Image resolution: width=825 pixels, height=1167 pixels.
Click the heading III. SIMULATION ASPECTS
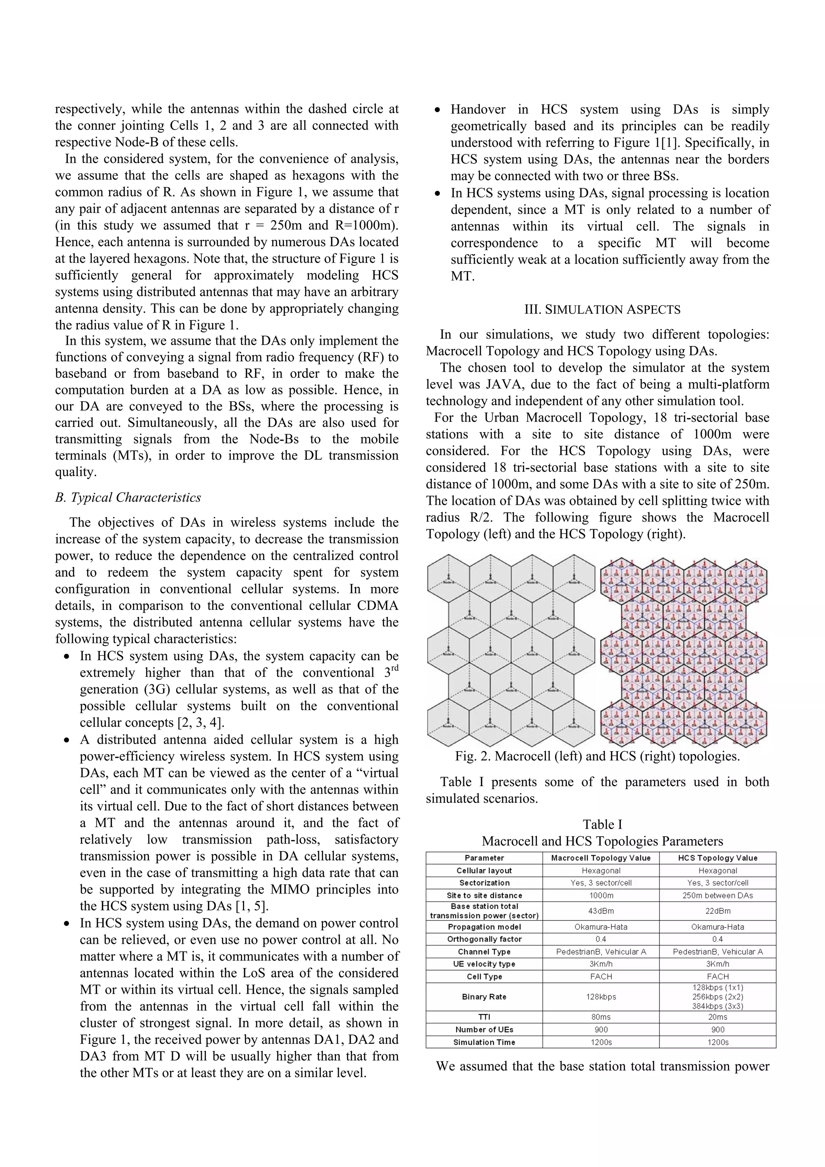pos(602,309)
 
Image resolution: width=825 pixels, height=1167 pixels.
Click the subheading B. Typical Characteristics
pos(128,497)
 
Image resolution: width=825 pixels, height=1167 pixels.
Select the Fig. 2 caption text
pos(597,756)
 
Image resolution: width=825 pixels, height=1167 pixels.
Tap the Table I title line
pos(602,825)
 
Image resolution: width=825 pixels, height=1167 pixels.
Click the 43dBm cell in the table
pos(601,911)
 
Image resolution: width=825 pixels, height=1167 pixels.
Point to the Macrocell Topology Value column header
pos(601,858)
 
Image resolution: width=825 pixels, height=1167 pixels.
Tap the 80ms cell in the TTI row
pos(601,1017)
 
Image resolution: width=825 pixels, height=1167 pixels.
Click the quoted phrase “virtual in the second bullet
pos(372,773)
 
